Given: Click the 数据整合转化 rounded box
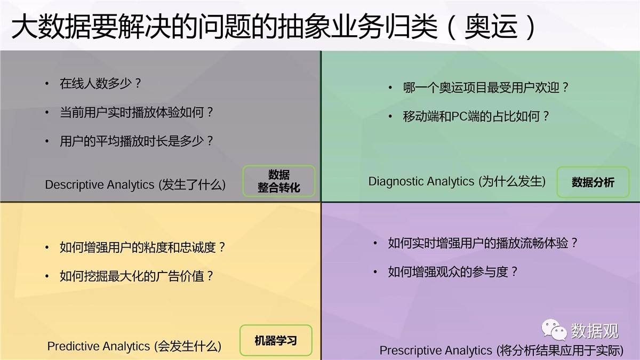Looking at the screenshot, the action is (x=279, y=181).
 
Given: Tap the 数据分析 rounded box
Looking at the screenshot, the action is (x=593, y=182).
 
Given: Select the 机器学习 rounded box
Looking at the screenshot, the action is (x=276, y=340).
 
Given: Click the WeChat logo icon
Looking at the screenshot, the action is (x=554, y=330).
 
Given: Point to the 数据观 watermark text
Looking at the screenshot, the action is (x=595, y=331).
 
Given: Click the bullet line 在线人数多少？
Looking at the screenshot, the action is (x=100, y=83).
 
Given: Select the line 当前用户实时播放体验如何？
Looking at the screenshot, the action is (x=137, y=113).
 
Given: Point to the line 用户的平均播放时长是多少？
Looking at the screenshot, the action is (x=137, y=141).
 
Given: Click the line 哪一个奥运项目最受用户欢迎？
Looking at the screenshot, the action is (x=486, y=87).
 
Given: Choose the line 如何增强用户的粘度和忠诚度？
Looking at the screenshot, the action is (x=142, y=247).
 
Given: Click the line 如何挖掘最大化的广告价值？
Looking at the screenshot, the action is (x=137, y=276).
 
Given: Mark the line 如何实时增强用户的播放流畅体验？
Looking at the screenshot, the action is (x=483, y=243).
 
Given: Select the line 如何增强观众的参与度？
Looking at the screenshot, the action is (x=453, y=271).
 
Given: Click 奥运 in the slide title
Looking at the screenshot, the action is (x=491, y=26).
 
